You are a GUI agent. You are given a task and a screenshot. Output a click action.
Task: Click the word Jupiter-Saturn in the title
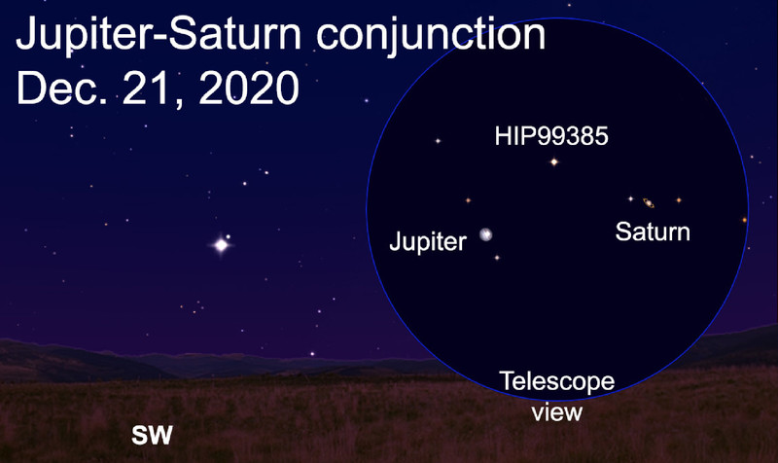click(159, 34)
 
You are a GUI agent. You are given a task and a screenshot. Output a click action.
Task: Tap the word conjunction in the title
click(431, 34)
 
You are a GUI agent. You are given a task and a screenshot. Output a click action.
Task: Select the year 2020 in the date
click(249, 87)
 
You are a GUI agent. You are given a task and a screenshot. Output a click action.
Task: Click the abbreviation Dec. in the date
click(62, 87)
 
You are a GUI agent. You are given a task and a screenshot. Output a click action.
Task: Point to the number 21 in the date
click(151, 89)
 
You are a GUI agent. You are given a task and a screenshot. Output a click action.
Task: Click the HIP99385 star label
click(551, 136)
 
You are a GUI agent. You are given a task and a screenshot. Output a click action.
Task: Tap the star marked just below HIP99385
click(554, 161)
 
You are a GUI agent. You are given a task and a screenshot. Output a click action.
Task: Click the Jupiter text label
click(428, 241)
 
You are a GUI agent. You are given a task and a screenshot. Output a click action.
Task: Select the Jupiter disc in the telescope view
click(486, 234)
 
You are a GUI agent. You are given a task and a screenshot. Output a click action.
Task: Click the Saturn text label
click(653, 231)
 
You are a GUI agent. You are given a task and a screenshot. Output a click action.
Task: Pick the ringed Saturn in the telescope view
click(649, 202)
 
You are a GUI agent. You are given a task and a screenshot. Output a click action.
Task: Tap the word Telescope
click(557, 381)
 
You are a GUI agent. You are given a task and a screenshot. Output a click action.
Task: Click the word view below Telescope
click(556, 411)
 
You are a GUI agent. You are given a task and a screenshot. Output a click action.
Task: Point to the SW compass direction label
click(152, 435)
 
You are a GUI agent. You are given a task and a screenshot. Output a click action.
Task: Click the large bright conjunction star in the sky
click(222, 245)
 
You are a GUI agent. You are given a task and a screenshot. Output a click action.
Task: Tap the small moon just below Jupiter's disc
click(497, 258)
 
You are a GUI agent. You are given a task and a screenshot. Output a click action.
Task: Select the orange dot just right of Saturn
click(679, 200)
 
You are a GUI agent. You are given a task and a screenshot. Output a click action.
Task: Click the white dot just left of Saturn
click(630, 199)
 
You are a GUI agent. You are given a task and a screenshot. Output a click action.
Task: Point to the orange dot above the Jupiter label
click(468, 200)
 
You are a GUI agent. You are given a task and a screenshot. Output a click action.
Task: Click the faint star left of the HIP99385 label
click(438, 141)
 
